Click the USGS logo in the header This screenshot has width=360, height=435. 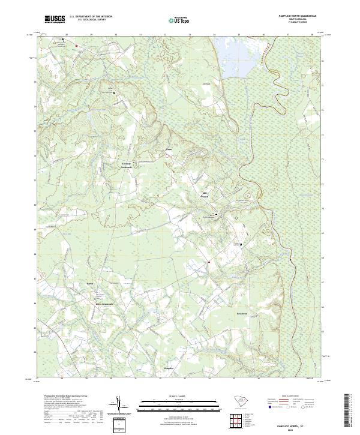[x=55, y=19]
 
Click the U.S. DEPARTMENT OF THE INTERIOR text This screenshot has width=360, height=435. [x=91, y=16]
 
